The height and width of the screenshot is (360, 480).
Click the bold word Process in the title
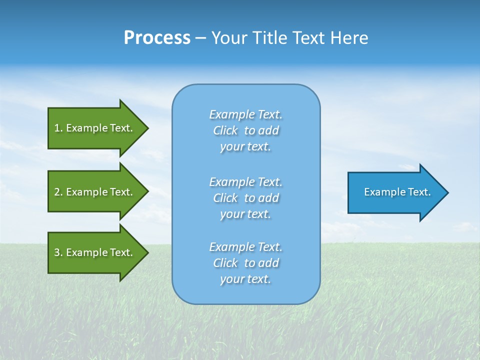pyautogui.click(x=157, y=38)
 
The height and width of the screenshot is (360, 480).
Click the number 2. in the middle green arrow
pyautogui.click(x=58, y=192)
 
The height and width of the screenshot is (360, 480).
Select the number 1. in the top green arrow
pyautogui.click(x=58, y=128)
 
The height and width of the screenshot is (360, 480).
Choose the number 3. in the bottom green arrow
pyautogui.click(x=58, y=252)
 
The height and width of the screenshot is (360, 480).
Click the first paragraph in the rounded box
pyautogui.click(x=245, y=130)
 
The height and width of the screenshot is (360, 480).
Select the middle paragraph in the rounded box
pyautogui.click(x=245, y=198)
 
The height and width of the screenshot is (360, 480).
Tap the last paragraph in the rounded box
pyautogui.click(x=245, y=263)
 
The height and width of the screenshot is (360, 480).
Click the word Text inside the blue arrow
pyautogui.click(x=419, y=192)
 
